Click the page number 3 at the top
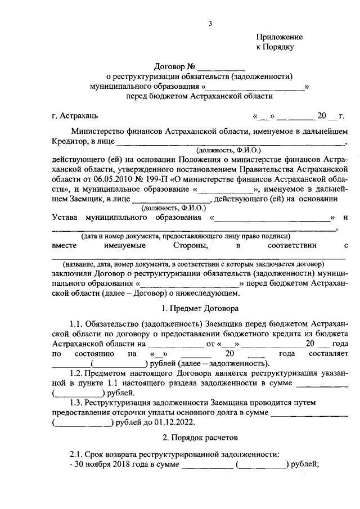(210, 23)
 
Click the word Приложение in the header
(276, 37)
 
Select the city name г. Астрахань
(74, 117)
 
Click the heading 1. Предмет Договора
(200, 308)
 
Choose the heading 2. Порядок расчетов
(200, 436)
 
